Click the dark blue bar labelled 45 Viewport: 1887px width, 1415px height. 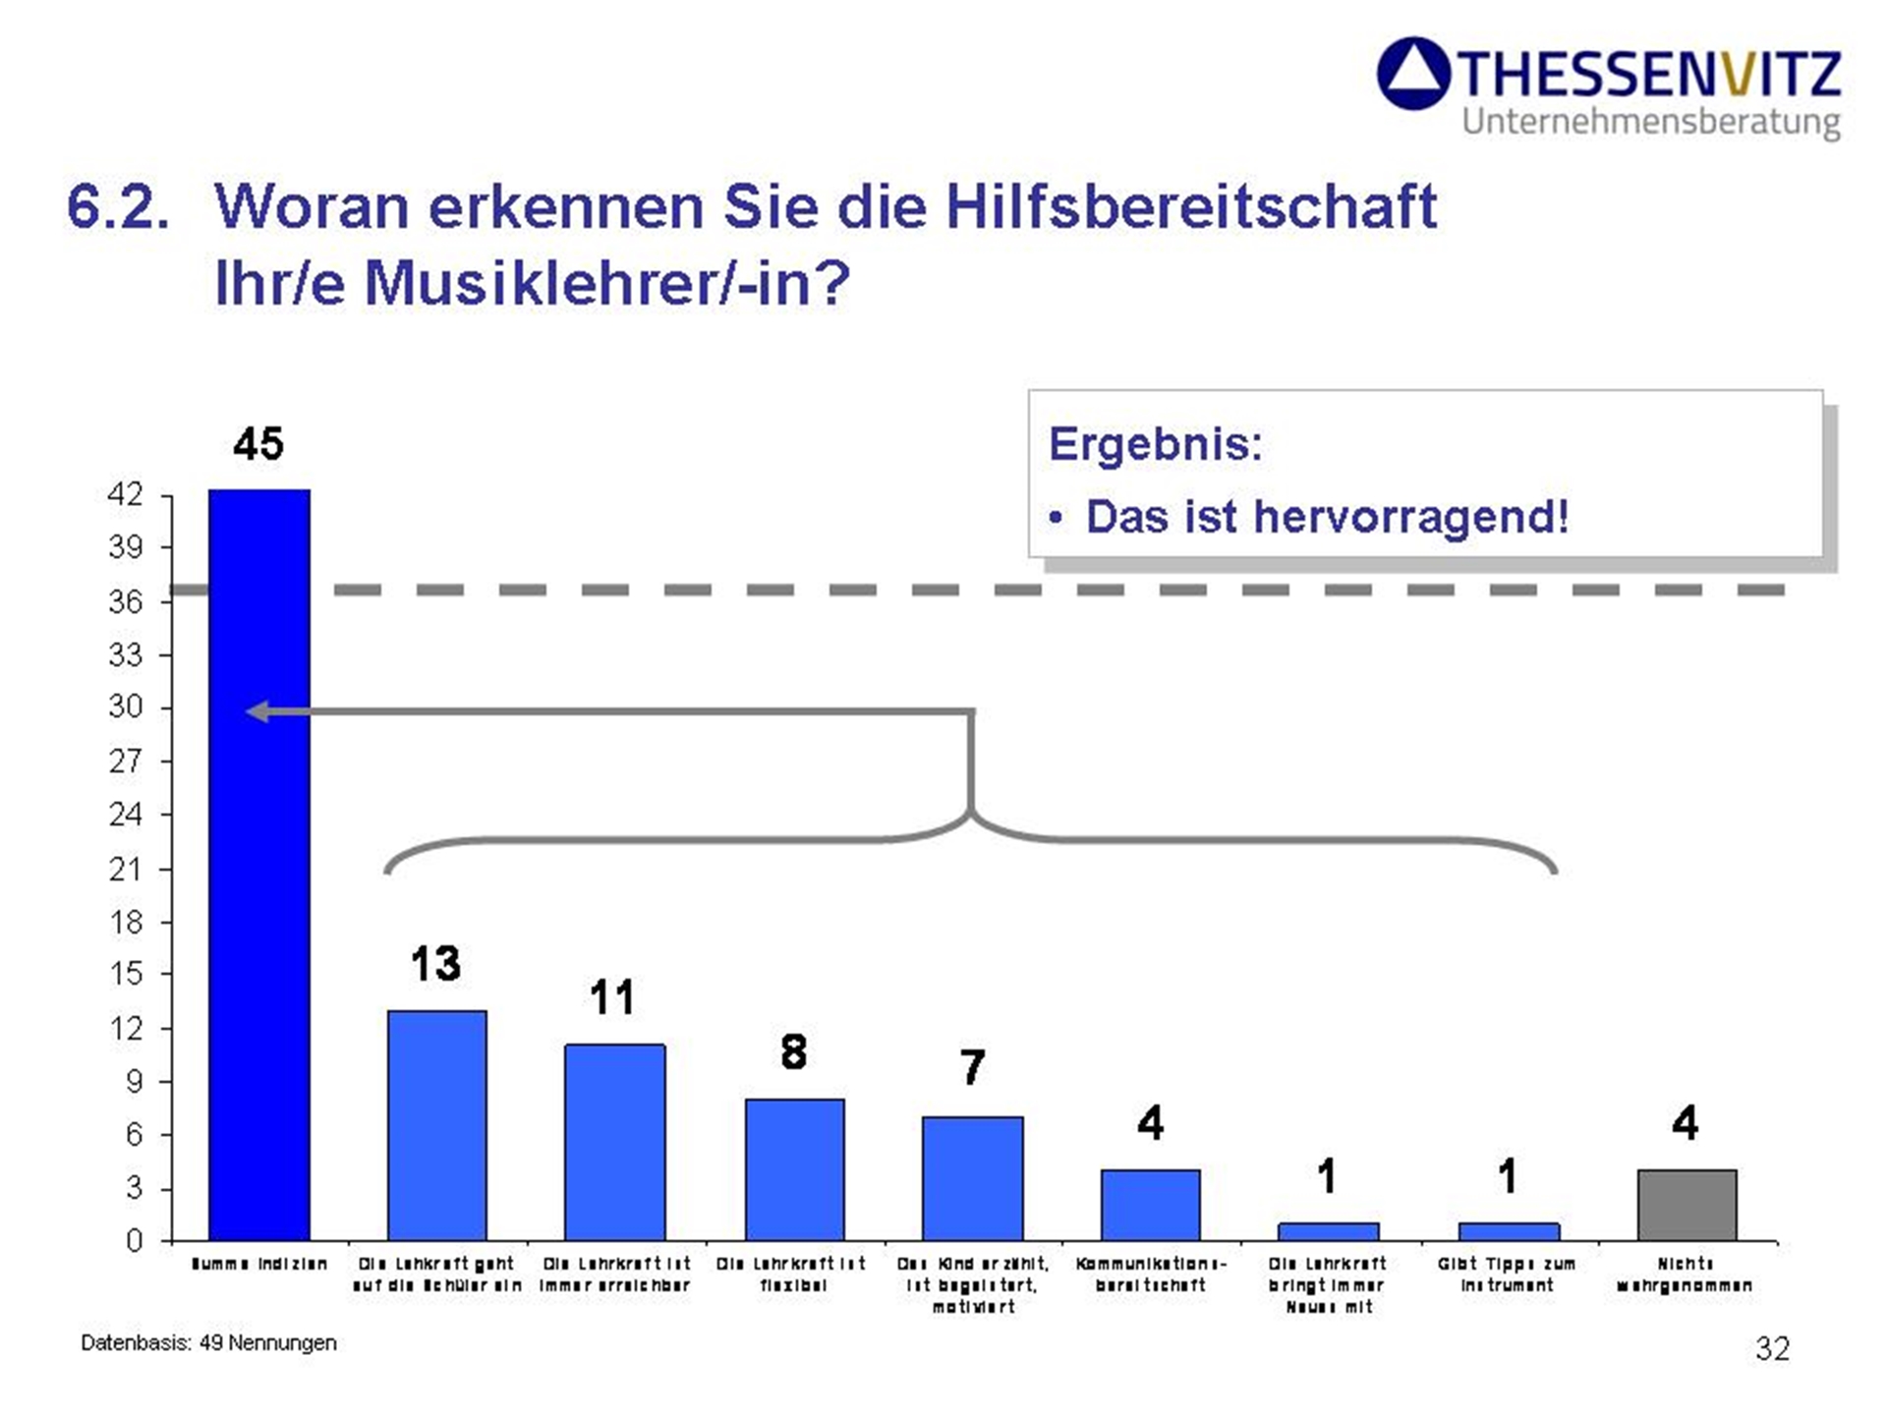click(x=258, y=865)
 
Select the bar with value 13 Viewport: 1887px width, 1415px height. click(x=436, y=1125)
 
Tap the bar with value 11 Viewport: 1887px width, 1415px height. click(x=614, y=1142)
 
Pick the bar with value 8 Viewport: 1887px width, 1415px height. click(x=794, y=1169)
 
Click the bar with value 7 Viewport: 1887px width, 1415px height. click(x=972, y=1178)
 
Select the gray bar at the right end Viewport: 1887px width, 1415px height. click(x=1687, y=1205)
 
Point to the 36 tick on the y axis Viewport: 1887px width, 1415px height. click(x=126, y=600)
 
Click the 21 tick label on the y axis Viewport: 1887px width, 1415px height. click(x=126, y=869)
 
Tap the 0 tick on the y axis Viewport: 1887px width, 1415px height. click(x=134, y=1241)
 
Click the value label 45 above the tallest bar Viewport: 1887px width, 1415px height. click(x=258, y=444)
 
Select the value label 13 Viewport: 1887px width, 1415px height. click(x=435, y=964)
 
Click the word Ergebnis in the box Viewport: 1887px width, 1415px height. click(x=1155, y=445)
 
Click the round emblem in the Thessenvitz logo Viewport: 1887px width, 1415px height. click(x=1413, y=73)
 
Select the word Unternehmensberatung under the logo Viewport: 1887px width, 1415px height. click(x=1650, y=122)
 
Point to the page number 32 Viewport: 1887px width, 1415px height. click(x=1772, y=1348)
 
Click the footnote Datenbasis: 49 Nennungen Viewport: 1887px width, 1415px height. click(x=208, y=1342)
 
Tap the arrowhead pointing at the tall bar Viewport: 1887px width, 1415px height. click(x=257, y=711)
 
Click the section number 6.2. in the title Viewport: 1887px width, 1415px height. click(x=117, y=207)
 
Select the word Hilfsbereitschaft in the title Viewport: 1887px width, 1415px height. click(x=1191, y=207)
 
